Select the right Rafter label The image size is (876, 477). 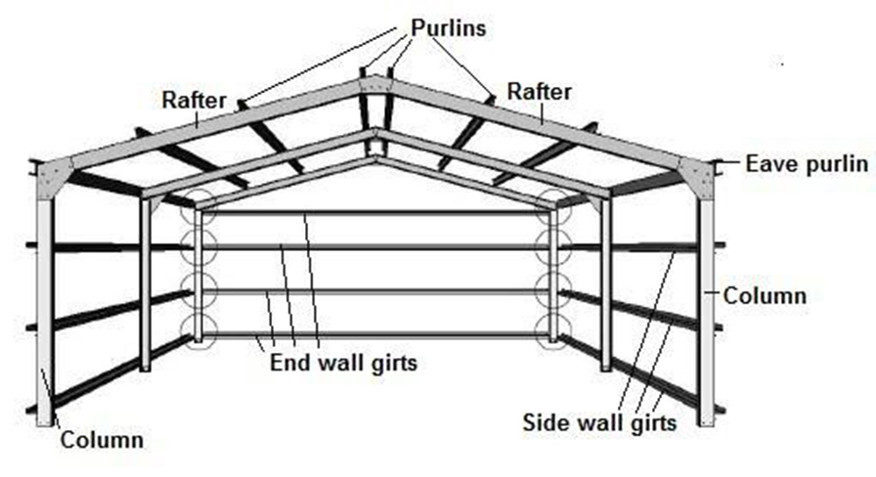pos(539,92)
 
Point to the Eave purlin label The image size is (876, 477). pos(806,163)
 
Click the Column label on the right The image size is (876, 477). pos(766,294)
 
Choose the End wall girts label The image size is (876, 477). pos(343,364)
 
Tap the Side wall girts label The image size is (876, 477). pos(598,424)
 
